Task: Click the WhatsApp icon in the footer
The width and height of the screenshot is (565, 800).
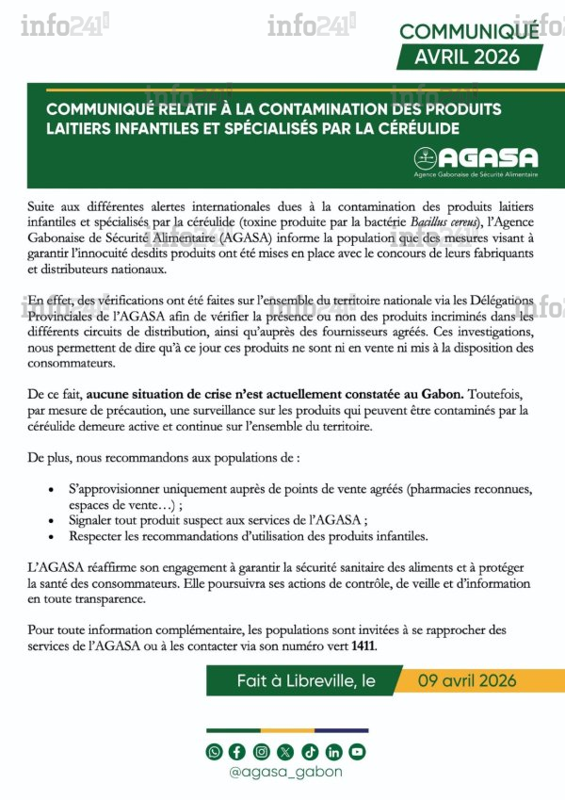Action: [215, 751]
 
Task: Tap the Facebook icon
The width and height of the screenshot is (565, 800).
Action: [236, 751]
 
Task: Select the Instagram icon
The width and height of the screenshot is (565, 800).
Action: [261, 751]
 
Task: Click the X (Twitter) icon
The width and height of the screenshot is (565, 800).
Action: [286, 751]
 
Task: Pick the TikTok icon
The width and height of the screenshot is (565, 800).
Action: [310, 751]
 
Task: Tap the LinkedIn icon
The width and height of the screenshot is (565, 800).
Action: [333, 751]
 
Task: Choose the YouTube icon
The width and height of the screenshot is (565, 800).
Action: [357, 751]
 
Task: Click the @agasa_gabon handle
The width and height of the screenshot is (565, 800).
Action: [285, 772]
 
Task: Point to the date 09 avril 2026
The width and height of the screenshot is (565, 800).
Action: [468, 681]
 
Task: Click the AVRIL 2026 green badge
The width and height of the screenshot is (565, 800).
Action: [469, 57]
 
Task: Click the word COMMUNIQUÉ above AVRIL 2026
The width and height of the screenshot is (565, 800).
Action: [468, 31]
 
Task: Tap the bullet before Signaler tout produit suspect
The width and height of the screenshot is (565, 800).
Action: [50, 520]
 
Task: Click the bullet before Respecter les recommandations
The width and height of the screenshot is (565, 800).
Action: [50, 536]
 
